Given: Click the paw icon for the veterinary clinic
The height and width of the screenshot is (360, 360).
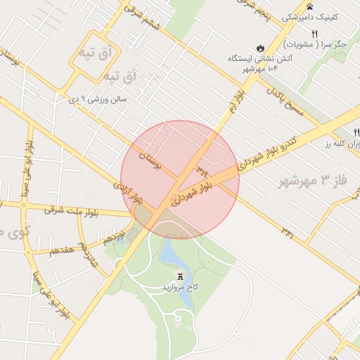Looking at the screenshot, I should click(x=310, y=6).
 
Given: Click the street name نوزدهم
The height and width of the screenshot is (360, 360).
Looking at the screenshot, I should click(x=115, y=236).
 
